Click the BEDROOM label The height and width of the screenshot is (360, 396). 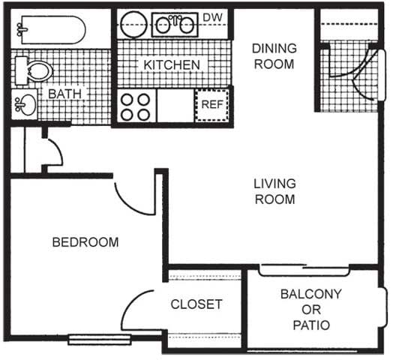tap(85, 242)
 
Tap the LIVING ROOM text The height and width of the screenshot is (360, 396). tap(274, 191)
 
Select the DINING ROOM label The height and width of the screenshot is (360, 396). tap(274, 55)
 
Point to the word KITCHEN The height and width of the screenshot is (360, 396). tap(172, 64)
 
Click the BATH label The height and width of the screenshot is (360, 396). tap(64, 94)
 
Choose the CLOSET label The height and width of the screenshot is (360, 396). tap(196, 304)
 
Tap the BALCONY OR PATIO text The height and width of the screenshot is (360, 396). tap(310, 309)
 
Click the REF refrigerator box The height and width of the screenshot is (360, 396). tap(211, 104)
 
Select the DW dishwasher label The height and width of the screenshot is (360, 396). tap(211, 16)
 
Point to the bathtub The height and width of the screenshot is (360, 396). tap(48, 31)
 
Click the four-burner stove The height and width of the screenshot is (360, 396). tap(136, 105)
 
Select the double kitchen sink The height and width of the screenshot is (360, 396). tap(175, 24)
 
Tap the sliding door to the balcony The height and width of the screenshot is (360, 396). tap(304, 268)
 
